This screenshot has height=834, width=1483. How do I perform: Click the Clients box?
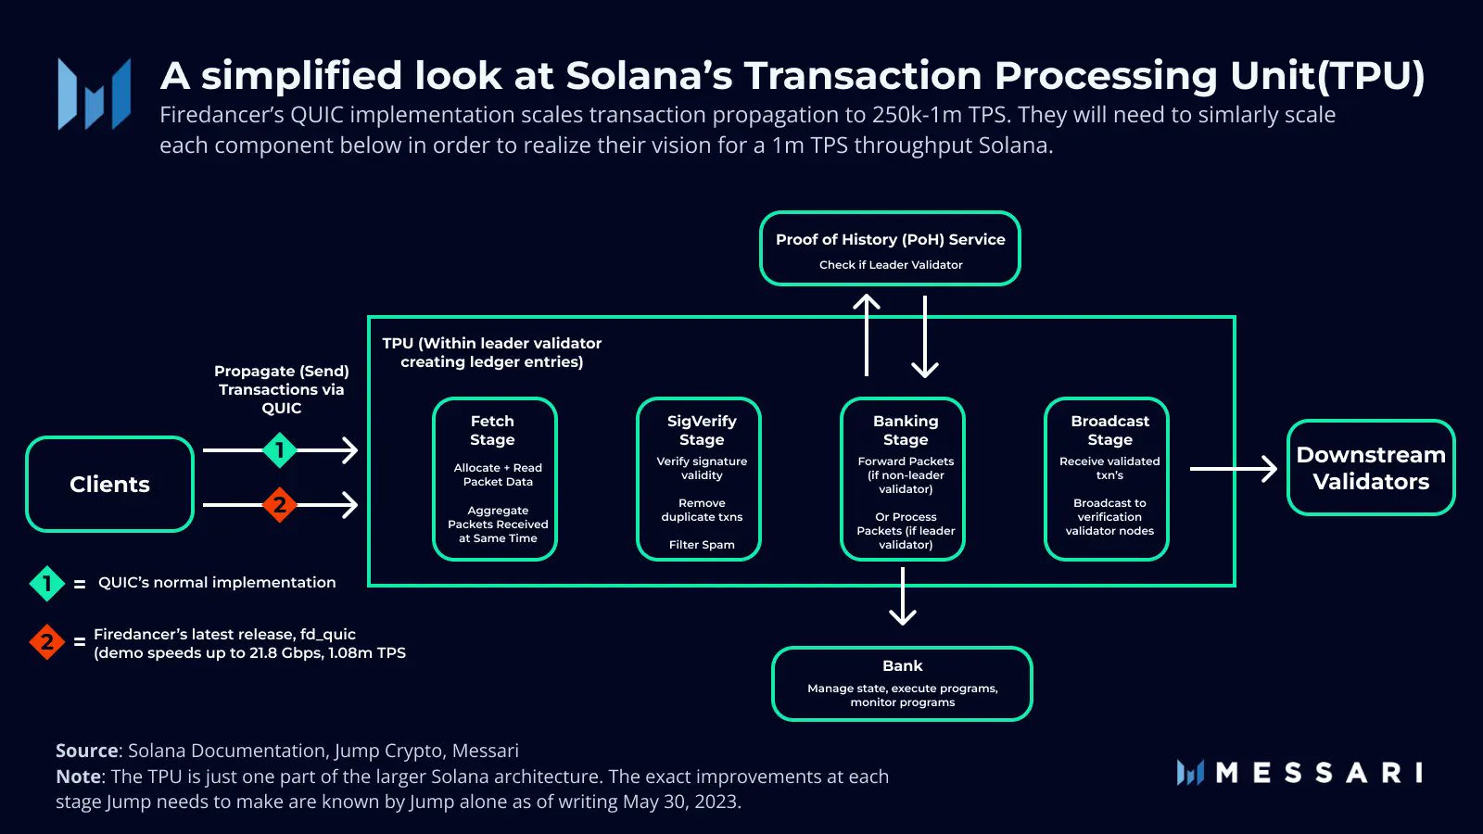pyautogui.click(x=109, y=484)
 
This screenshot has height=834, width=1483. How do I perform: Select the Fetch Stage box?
pyautogui.click(x=494, y=478)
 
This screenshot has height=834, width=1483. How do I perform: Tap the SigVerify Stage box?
pyautogui.click(x=699, y=478)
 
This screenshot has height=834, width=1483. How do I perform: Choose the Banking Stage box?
pyautogui.click(x=903, y=478)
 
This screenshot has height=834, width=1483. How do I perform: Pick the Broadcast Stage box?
pyautogui.click(x=1107, y=478)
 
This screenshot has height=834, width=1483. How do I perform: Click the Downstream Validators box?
pyautogui.click(x=1371, y=468)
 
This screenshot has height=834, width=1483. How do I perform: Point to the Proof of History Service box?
pyautogui.click(x=890, y=248)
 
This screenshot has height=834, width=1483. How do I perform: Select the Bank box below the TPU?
pyautogui.click(x=902, y=683)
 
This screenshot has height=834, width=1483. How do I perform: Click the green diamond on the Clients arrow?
pyautogui.click(x=279, y=450)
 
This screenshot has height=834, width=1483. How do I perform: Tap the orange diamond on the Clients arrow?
pyautogui.click(x=279, y=505)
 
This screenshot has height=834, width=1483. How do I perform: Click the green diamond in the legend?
pyautogui.click(x=47, y=584)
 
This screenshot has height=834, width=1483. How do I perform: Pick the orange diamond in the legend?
pyautogui.click(x=47, y=641)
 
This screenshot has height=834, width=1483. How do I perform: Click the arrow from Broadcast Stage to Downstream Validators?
pyautogui.click(x=1233, y=469)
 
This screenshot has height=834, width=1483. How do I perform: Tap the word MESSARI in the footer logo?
pyautogui.click(x=1319, y=773)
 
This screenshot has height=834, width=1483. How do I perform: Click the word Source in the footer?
pyautogui.click(x=87, y=751)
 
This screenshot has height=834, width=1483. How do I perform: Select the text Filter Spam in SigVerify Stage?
pyautogui.click(x=702, y=545)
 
